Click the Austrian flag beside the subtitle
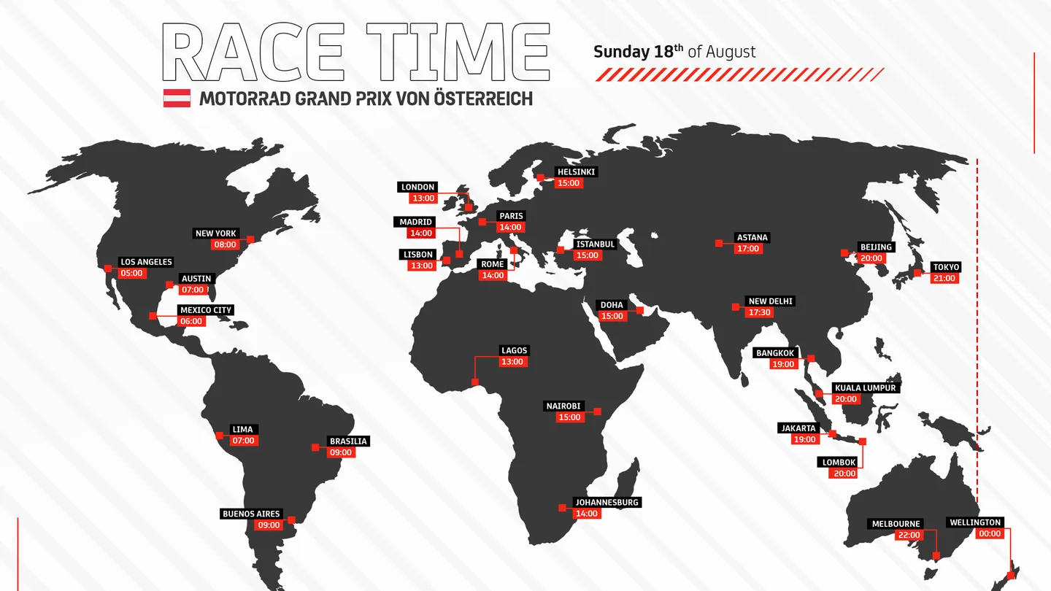[177, 98]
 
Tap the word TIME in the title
[458, 52]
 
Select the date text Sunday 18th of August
[674, 52]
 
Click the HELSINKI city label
[576, 172]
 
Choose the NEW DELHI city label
[770, 301]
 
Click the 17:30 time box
[760, 312]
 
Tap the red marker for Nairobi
[597, 412]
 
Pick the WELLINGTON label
[974, 522]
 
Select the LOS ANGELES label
[146, 262]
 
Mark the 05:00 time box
[132, 273]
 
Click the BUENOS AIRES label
[251, 514]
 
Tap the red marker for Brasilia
[315, 447]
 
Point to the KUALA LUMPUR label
[865, 388]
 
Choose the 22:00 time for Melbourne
[909, 535]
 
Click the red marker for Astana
[719, 243]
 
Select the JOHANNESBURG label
[607, 503]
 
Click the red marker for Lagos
[475, 382]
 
